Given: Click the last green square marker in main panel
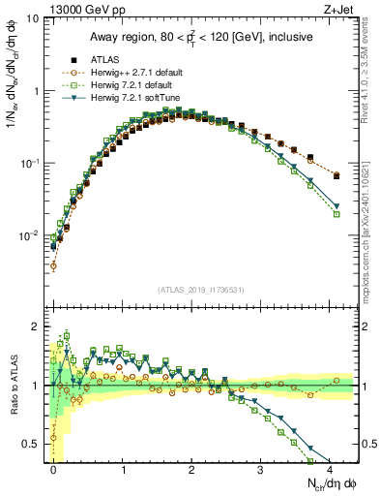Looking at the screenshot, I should [x=336, y=214].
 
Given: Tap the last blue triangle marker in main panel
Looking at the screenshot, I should [x=336, y=205].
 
